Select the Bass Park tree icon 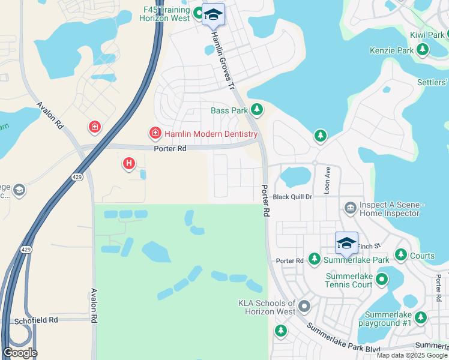257,109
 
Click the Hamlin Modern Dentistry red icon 155,133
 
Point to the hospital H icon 128,163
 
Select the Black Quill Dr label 293,197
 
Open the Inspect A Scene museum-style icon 350,208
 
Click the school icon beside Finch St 346,242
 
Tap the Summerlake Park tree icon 314,259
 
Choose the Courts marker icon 401,256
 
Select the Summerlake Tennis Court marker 381,280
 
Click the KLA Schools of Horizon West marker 304,307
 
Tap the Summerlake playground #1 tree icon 421,317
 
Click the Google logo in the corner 20,353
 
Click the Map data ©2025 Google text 411,355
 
